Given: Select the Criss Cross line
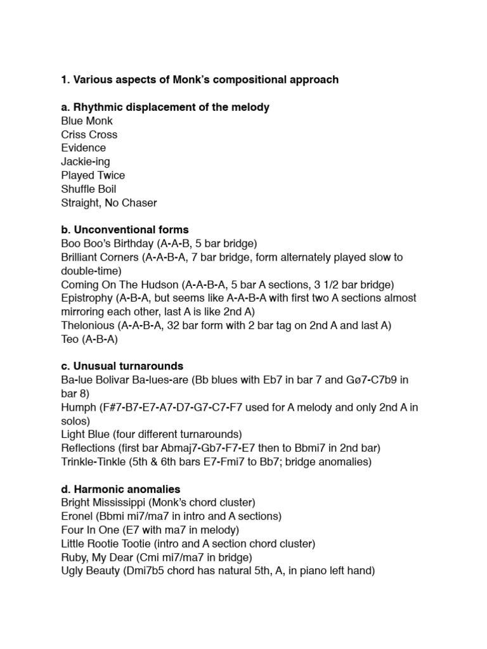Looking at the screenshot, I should (89, 134).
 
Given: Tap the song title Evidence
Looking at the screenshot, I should (84, 148).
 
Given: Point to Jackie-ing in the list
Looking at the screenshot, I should (86, 162).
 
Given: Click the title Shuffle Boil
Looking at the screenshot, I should (89, 189).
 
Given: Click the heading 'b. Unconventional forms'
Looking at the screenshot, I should (125, 229).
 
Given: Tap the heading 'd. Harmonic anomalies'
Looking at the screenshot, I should (120, 489).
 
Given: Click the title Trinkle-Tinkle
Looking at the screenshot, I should (94, 462).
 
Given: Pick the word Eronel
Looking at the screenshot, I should (78, 517).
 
